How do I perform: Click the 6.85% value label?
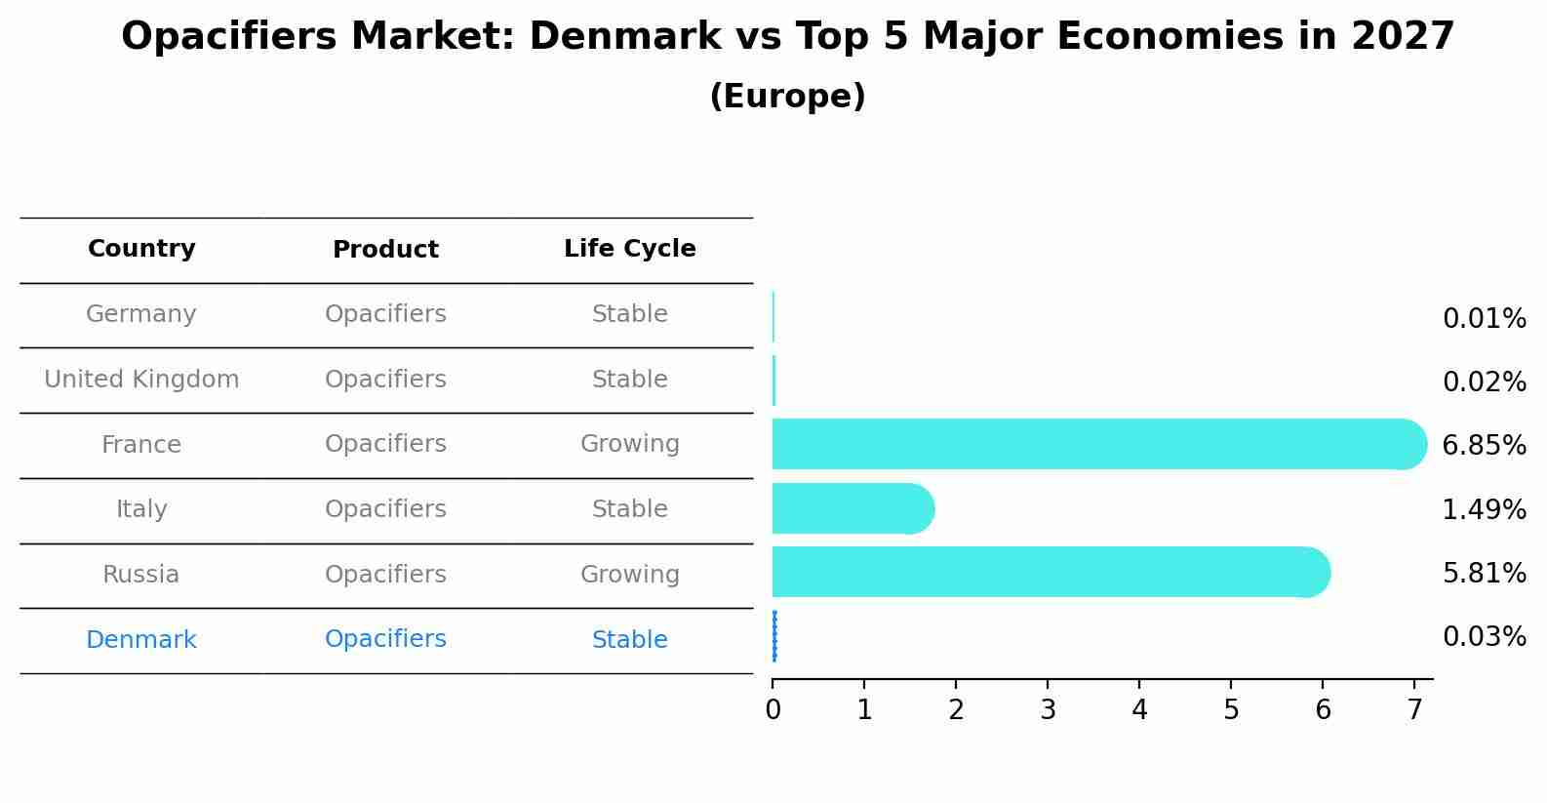[x=1484, y=446]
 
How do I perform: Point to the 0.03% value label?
[x=1484, y=637]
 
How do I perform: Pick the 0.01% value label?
[x=1484, y=319]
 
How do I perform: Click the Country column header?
[x=141, y=249]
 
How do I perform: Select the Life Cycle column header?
[x=629, y=249]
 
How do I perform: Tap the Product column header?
[x=385, y=250]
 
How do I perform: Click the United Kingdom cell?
[x=141, y=380]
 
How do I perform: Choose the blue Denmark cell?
[x=141, y=640]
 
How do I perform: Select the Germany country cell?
[x=141, y=314]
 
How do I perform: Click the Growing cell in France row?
[x=629, y=444]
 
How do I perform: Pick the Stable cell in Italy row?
[x=629, y=509]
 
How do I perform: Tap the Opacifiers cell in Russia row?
[x=385, y=575]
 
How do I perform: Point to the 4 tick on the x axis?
[x=1139, y=709]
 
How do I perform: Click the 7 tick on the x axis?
[x=1414, y=709]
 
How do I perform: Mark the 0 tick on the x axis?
[x=773, y=709]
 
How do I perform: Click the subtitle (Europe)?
[x=787, y=97]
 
